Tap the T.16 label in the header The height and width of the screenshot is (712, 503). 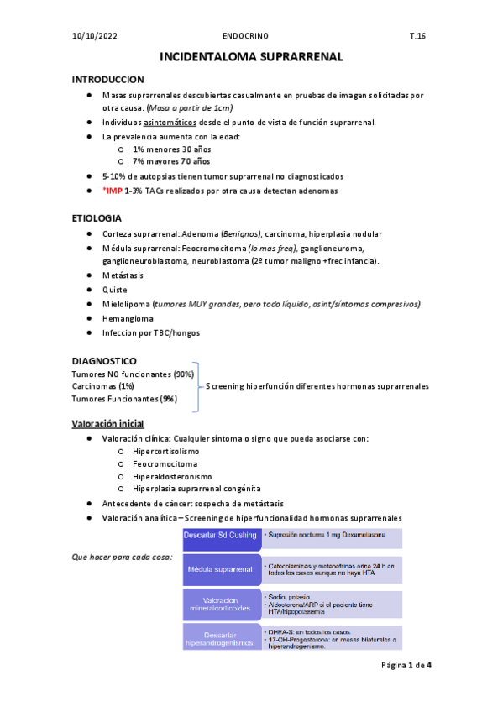tap(417, 37)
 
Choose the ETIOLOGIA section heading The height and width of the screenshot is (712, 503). tap(97, 217)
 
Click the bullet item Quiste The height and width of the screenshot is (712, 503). tap(115, 289)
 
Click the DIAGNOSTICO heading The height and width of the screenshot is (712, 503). tap(105, 359)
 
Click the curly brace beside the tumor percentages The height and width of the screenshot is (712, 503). tap(198, 386)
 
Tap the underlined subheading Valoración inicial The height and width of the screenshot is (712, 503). tap(108, 422)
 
